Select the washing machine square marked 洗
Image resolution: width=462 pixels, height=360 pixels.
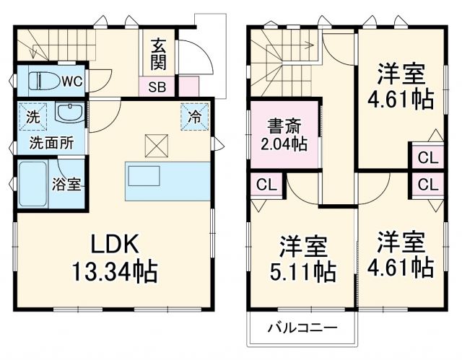coord(33,116)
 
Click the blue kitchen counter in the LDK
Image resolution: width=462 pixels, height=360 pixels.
coord(167,183)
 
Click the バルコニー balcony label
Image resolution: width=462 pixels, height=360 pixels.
coord(302,328)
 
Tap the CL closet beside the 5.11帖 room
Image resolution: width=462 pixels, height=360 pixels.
coord(266,184)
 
